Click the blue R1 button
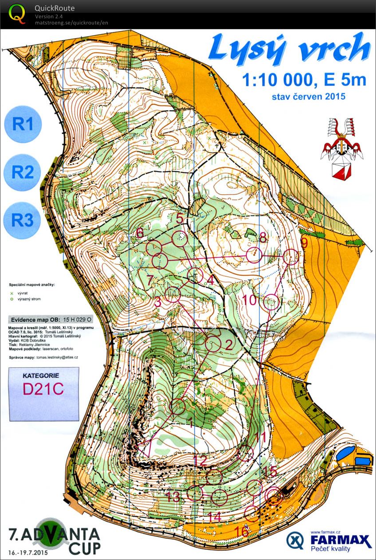tap(23, 124)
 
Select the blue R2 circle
tap(23, 172)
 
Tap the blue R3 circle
tap(23, 220)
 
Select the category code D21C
tap(43, 388)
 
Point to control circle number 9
tap(290, 257)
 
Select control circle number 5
tap(179, 239)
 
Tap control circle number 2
tap(214, 344)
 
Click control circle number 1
tap(178, 406)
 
